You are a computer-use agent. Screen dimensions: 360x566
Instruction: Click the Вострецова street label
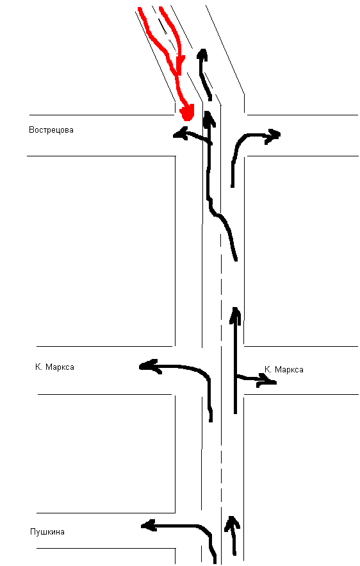coord(51,130)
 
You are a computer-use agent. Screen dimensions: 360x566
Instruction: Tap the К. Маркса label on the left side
coord(54,367)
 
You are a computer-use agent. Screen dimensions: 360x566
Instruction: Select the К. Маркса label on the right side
coord(284,370)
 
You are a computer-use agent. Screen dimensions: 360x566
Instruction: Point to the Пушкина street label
coord(47,532)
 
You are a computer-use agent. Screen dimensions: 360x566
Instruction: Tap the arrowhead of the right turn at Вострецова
coord(273,136)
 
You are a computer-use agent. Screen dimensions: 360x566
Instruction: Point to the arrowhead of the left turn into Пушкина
coord(148,526)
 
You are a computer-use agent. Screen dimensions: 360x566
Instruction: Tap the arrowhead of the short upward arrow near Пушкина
coord(232,523)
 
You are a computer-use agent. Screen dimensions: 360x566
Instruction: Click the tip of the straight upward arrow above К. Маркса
coord(236,308)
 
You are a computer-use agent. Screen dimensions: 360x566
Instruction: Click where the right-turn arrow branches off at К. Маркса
coord(236,376)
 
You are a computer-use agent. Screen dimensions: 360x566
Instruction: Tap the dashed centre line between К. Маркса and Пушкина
coord(220,455)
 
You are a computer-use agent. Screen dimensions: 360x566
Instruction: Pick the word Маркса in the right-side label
coord(289,370)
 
